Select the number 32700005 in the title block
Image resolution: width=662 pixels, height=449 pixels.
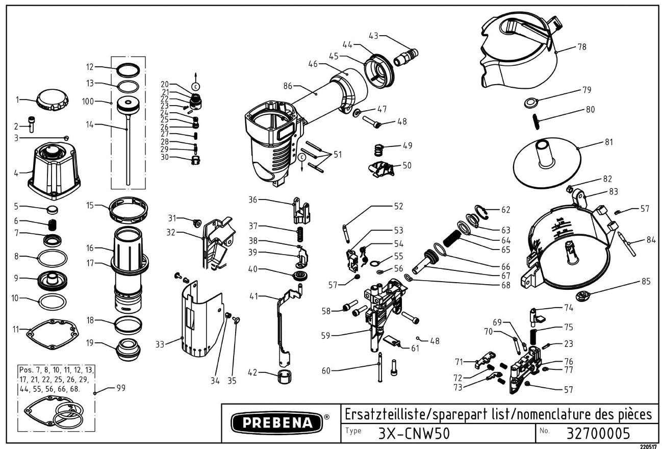(598, 433)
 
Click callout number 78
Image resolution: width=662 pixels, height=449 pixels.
(581, 47)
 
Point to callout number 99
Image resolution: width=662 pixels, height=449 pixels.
(121, 388)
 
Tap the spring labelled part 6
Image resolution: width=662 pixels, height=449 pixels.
(52, 223)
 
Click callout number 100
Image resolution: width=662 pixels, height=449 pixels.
(88, 102)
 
